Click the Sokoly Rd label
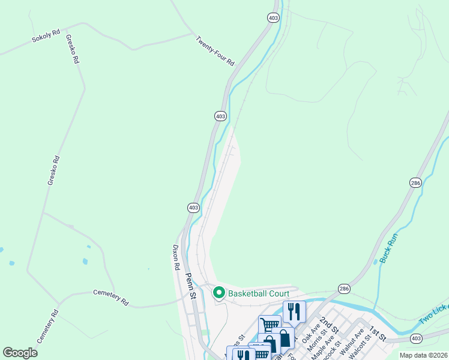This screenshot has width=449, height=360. (46, 36)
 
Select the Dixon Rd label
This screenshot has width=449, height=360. (176, 257)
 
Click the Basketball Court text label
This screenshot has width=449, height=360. (259, 293)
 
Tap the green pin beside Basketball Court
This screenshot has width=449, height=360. (219, 293)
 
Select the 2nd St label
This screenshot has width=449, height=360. (328, 326)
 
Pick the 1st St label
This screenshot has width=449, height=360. (376, 333)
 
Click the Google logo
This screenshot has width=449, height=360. (20, 352)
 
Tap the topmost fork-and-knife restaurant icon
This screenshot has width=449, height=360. (294, 311)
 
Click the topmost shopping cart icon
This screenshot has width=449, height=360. (270, 325)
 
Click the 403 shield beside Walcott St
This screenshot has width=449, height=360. (416, 339)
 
